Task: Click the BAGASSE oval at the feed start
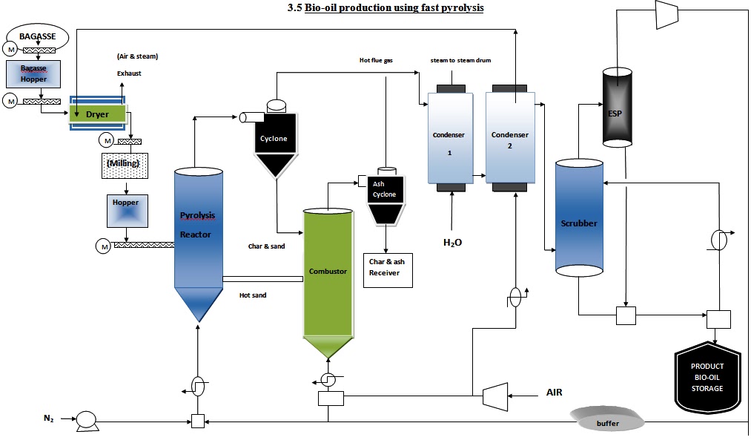[37, 35]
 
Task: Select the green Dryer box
[98, 114]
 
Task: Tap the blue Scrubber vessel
[579, 220]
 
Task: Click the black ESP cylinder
[619, 105]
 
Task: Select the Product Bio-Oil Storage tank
[707, 378]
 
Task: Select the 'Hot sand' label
[253, 295]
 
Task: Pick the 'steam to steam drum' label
[460, 59]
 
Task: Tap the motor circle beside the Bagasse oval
[11, 50]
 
